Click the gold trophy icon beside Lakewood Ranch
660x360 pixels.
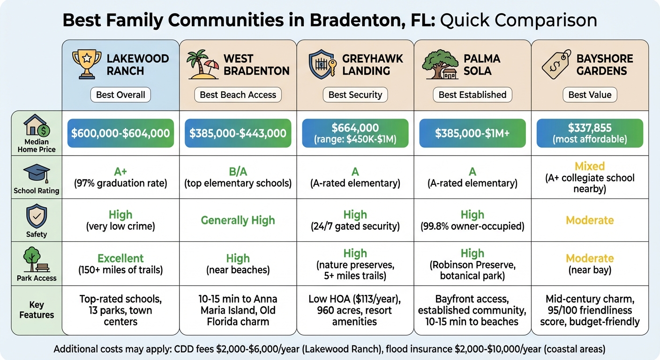click(87, 64)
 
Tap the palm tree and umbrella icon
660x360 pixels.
click(202, 65)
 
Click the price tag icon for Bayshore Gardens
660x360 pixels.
click(556, 64)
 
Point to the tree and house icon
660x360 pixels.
click(440, 65)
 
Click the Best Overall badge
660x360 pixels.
click(120, 95)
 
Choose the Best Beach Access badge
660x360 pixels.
click(238, 95)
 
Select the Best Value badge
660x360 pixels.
click(590, 95)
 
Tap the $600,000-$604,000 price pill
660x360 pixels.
click(120, 133)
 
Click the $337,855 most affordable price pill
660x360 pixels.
click(590, 133)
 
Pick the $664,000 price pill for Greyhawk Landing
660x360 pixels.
click(355, 133)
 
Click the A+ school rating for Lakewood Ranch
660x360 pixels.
click(120, 171)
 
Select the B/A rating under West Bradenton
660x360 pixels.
click(238, 171)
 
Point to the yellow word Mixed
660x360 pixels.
click(590, 166)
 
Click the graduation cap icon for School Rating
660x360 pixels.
click(36, 174)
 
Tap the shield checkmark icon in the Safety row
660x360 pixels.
click(36, 217)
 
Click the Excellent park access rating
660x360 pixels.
click(120, 258)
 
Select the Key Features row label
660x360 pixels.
click(36, 309)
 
